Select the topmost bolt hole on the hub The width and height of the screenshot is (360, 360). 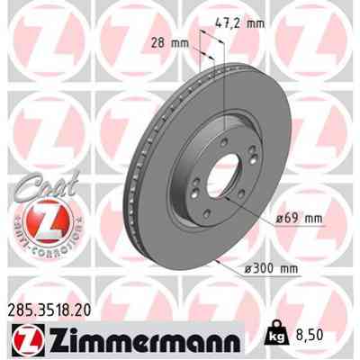tap(221, 141)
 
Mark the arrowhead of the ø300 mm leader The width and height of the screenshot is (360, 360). tap(220, 257)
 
